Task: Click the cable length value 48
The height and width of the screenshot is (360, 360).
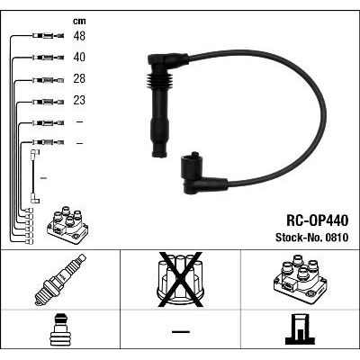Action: [79, 36]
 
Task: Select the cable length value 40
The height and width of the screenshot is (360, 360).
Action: [79, 58]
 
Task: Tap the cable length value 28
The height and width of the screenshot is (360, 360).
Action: [79, 79]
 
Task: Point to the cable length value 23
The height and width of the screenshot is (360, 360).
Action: [79, 100]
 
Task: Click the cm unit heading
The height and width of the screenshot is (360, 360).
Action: [79, 21]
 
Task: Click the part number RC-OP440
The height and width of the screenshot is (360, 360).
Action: [317, 220]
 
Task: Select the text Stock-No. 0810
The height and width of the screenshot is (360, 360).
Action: [312, 238]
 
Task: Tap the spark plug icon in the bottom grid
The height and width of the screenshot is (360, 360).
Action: [60, 280]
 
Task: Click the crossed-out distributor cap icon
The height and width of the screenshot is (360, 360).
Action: [180, 280]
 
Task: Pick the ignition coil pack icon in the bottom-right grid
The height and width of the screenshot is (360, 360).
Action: [301, 279]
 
